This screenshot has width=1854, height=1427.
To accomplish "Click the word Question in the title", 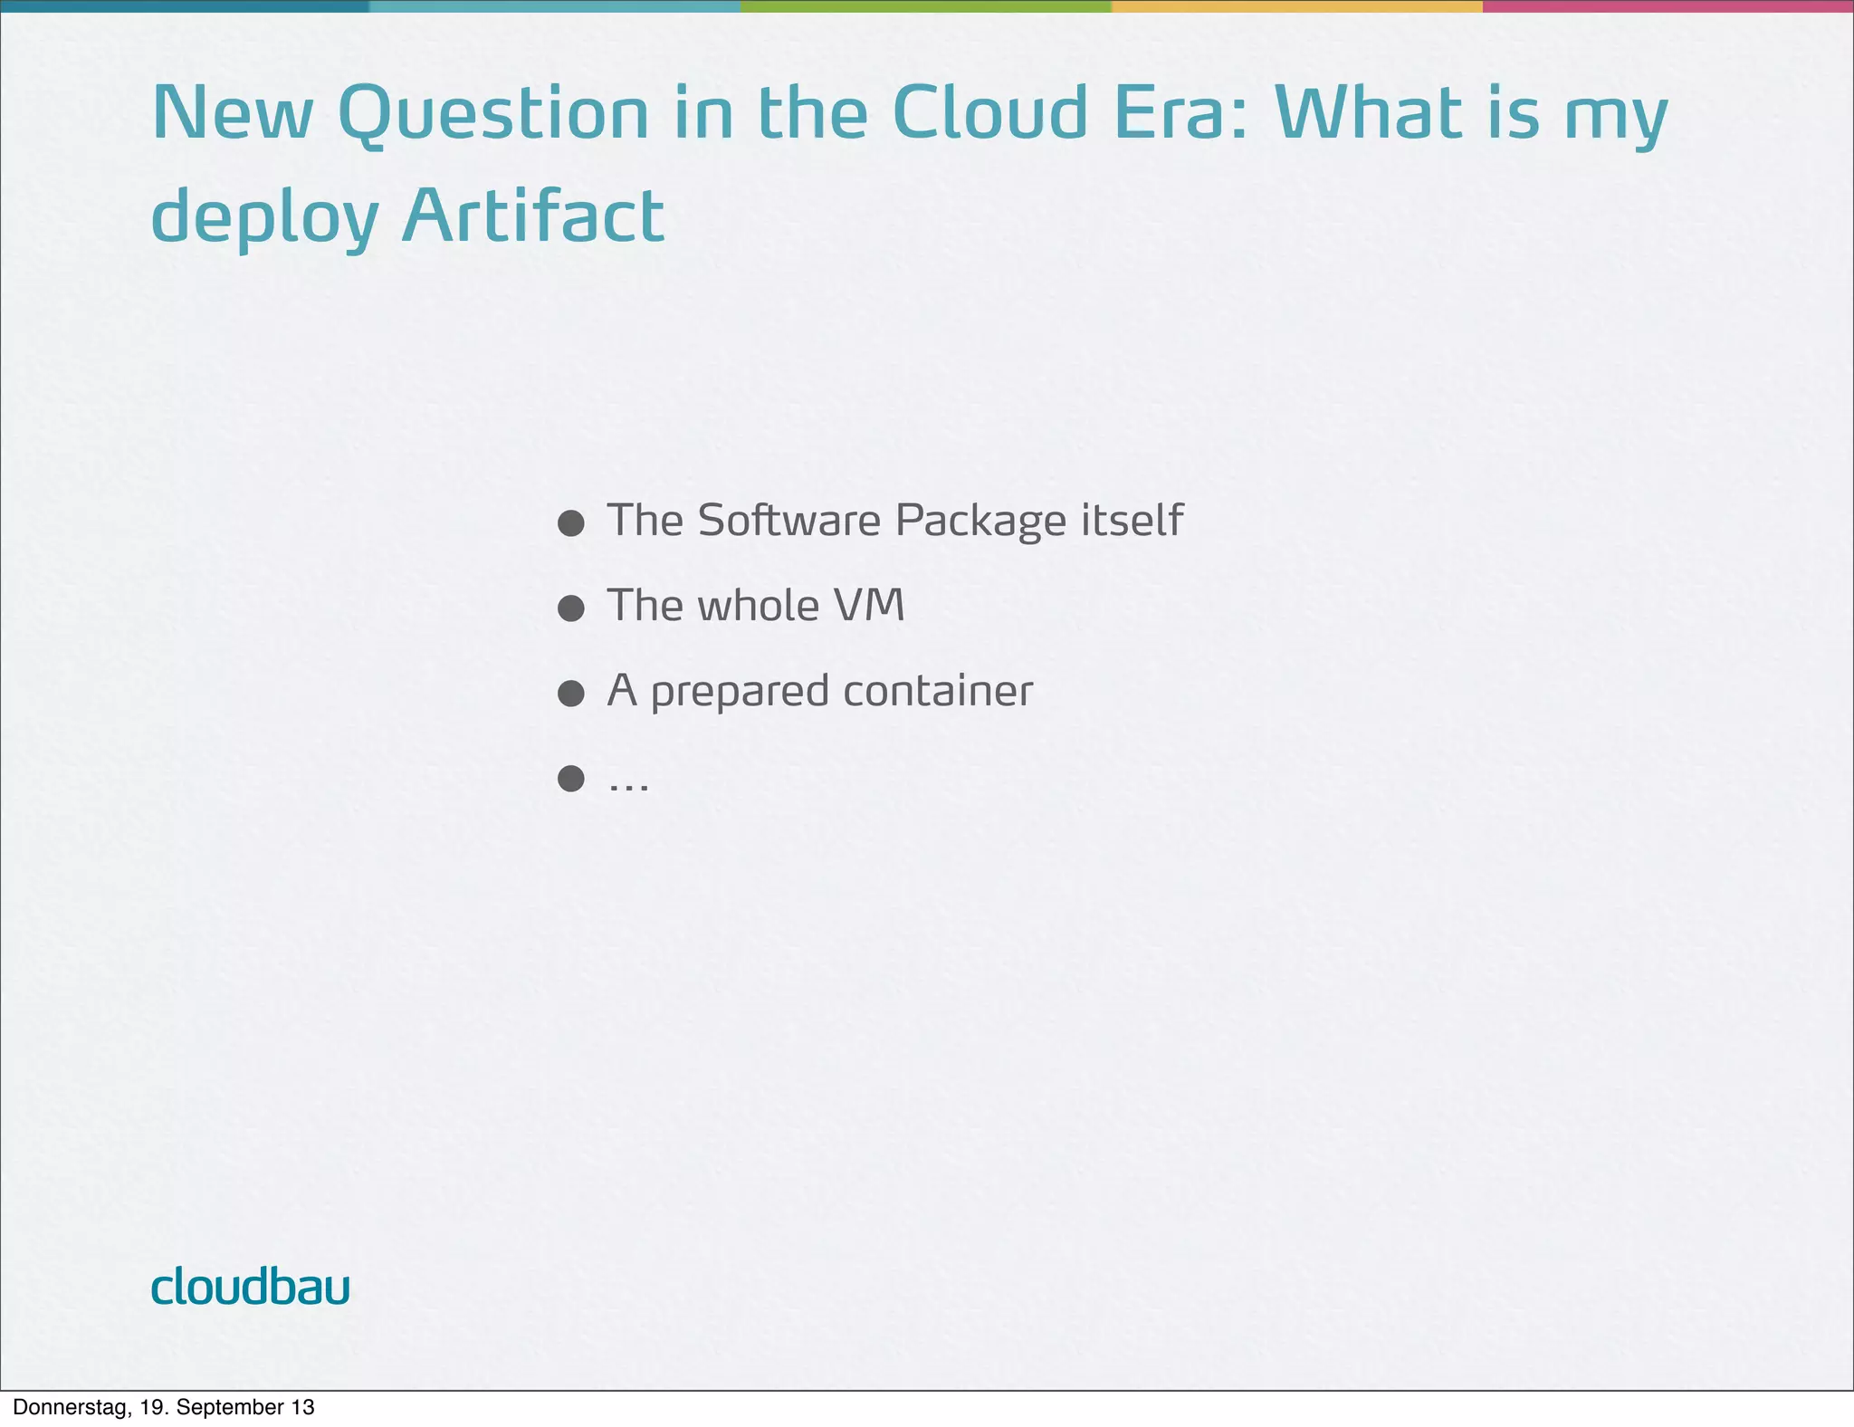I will (x=493, y=114).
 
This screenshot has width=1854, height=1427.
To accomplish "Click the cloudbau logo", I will (x=250, y=1286).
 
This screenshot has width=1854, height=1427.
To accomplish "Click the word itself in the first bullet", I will (x=1132, y=520).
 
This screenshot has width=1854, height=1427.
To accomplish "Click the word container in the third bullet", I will (x=937, y=691).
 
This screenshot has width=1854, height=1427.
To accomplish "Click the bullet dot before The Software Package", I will (x=570, y=523).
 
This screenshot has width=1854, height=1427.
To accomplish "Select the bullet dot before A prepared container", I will (x=570, y=694).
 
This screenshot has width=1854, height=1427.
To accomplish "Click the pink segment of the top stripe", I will (x=1668, y=6).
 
